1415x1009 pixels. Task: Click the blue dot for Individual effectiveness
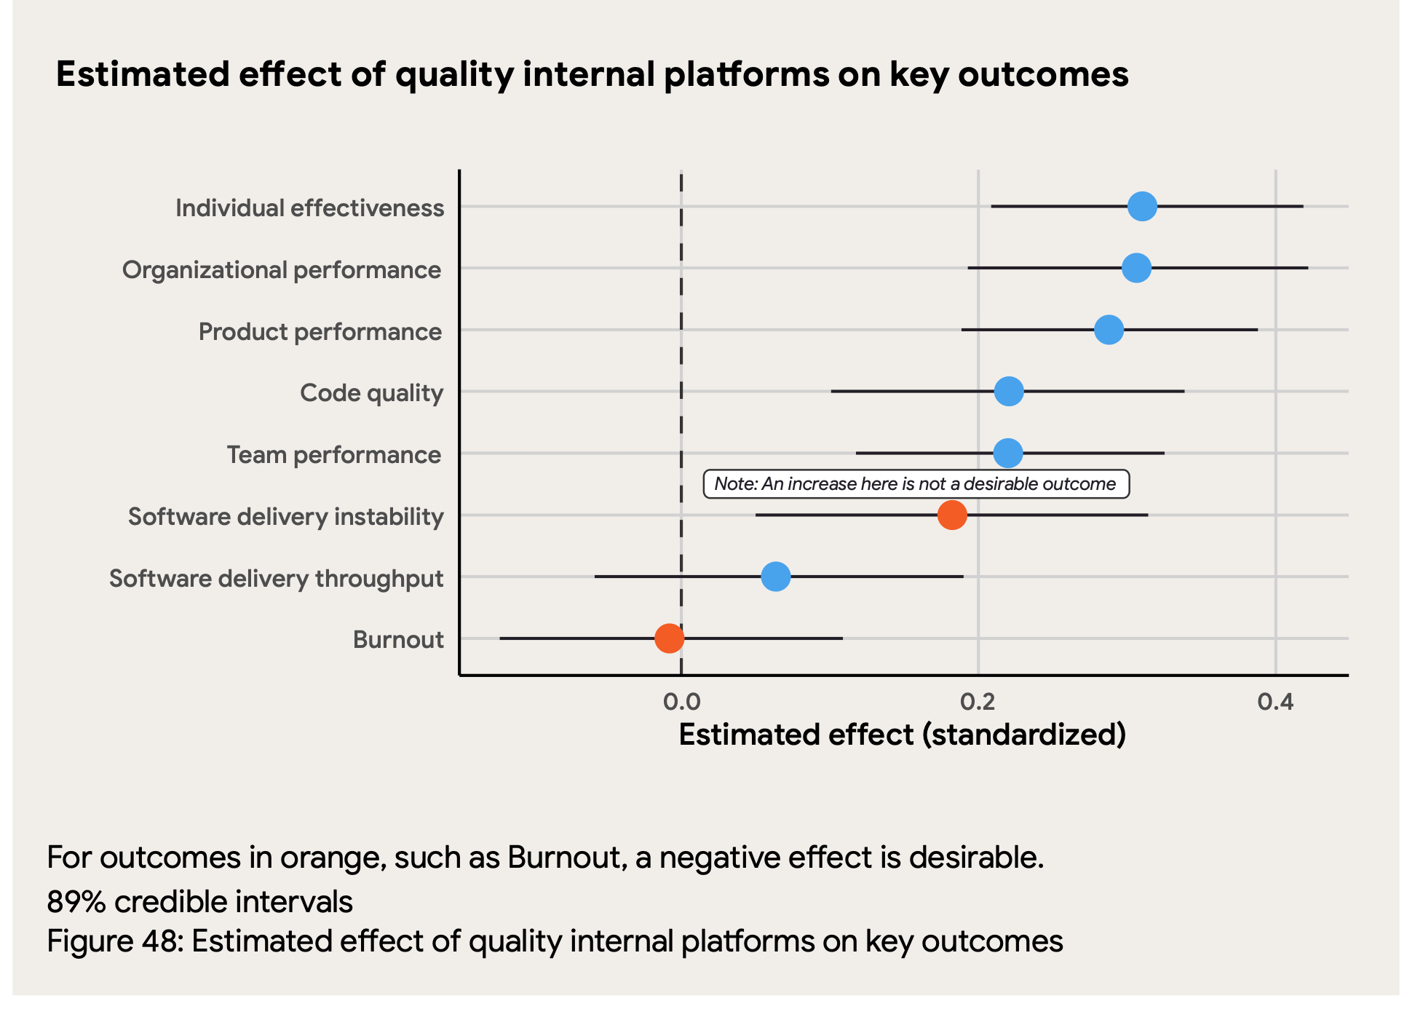[x=1142, y=207]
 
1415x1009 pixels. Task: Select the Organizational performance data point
[x=1136, y=268]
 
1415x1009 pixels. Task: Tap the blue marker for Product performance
[x=1109, y=330]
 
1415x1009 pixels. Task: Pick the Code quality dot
[x=1009, y=392]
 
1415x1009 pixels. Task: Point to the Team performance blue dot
[x=1008, y=454]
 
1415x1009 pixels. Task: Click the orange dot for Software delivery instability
[x=952, y=515]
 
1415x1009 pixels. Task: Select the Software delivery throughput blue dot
[x=776, y=577]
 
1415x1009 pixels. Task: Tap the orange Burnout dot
[x=669, y=638]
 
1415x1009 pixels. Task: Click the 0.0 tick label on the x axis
[x=681, y=702]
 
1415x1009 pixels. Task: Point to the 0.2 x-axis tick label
[x=978, y=702]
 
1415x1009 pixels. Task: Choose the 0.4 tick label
[x=1275, y=702]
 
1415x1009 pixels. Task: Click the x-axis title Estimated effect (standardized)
[x=902, y=735]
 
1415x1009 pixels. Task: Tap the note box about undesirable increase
[x=916, y=484]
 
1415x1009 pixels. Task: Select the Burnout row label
[x=398, y=640]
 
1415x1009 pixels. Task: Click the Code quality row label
[x=371, y=393]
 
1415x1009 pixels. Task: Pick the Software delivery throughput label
[x=276, y=579]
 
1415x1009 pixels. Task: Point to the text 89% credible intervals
[x=199, y=902]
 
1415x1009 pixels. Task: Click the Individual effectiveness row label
[x=309, y=208]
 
